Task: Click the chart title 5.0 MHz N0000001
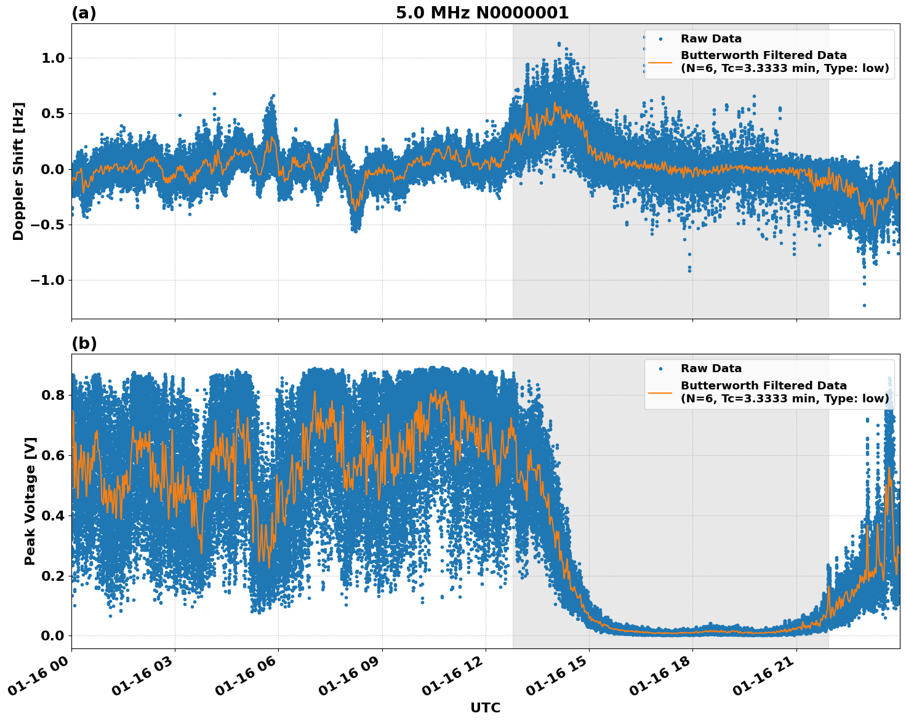tap(482, 13)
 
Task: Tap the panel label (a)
tap(84, 13)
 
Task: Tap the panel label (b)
tap(84, 343)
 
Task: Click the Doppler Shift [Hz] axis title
tap(18, 171)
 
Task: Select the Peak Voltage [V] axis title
tap(30, 501)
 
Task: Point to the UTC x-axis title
tap(485, 707)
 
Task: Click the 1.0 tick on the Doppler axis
tap(54, 58)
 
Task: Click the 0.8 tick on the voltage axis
tap(54, 395)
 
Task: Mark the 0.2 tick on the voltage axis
tap(54, 576)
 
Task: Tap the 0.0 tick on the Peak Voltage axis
tap(54, 635)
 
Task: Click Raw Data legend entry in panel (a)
tap(711, 39)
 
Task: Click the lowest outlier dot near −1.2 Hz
tap(864, 305)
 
